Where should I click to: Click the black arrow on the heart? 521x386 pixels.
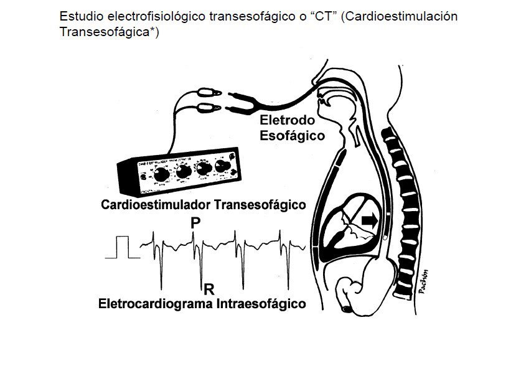(x=370, y=219)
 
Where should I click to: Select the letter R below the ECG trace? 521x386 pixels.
(x=209, y=289)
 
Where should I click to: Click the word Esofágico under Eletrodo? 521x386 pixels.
(x=292, y=134)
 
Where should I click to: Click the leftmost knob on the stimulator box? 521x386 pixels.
(x=160, y=176)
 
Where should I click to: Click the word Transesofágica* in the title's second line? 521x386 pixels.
(x=109, y=32)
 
